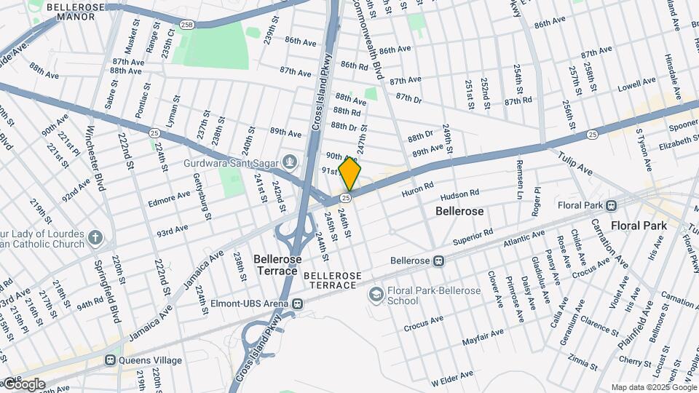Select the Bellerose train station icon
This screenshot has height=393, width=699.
click(438, 261)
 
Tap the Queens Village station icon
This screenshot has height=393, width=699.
click(111, 359)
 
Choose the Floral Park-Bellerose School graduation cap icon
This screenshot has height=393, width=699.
click(376, 294)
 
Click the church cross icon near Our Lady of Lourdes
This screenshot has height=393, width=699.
click(95, 237)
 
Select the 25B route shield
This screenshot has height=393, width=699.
click(187, 24)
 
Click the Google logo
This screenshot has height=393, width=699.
click(23, 384)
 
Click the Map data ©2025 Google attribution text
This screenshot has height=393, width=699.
click(653, 387)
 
